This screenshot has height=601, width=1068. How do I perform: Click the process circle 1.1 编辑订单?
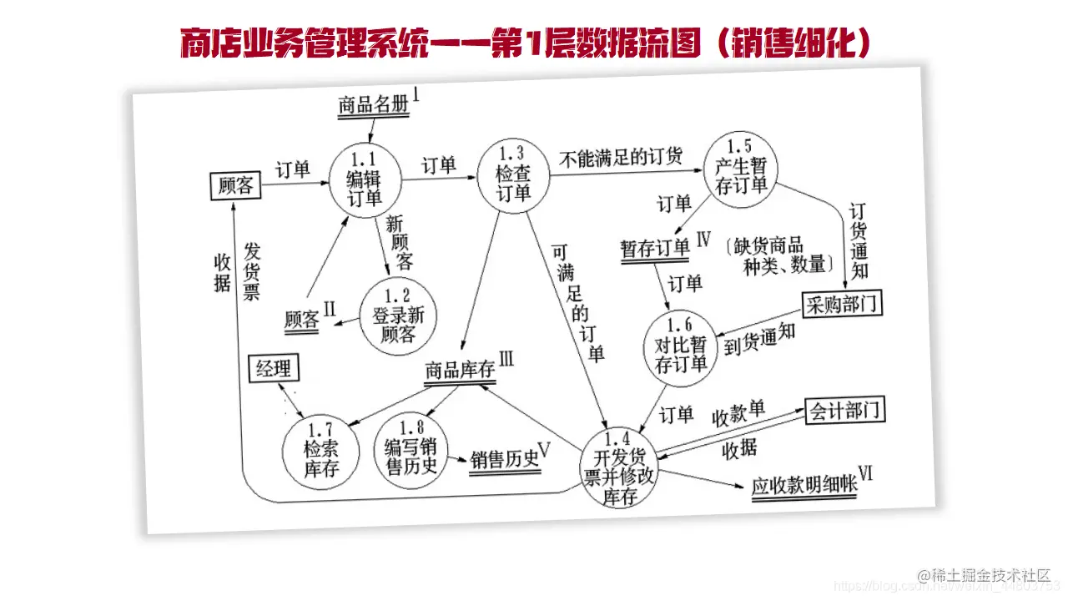tap(365, 180)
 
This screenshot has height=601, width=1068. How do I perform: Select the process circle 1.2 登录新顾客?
tap(398, 316)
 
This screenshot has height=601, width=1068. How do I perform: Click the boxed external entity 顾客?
tap(234, 185)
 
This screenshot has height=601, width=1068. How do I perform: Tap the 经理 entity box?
tap(273, 368)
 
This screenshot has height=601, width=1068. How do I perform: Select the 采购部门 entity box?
tap(842, 305)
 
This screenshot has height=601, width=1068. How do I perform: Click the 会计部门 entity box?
tap(844, 411)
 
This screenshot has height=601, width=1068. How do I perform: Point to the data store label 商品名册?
tap(374, 105)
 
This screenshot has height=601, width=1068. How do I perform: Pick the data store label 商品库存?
tap(460, 370)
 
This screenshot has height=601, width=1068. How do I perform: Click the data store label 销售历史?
tap(505, 460)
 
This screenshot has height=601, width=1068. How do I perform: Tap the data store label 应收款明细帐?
tap(804, 486)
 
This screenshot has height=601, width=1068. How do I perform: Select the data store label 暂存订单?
tap(655, 249)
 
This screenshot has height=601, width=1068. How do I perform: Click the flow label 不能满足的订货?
tap(621, 155)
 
